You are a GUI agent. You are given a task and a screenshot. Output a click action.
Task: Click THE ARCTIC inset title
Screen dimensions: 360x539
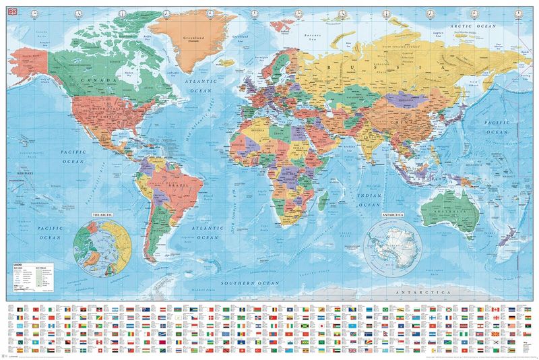[x=103, y=215]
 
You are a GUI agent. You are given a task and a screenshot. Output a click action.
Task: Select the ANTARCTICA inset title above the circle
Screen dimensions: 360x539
[x=392, y=215]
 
